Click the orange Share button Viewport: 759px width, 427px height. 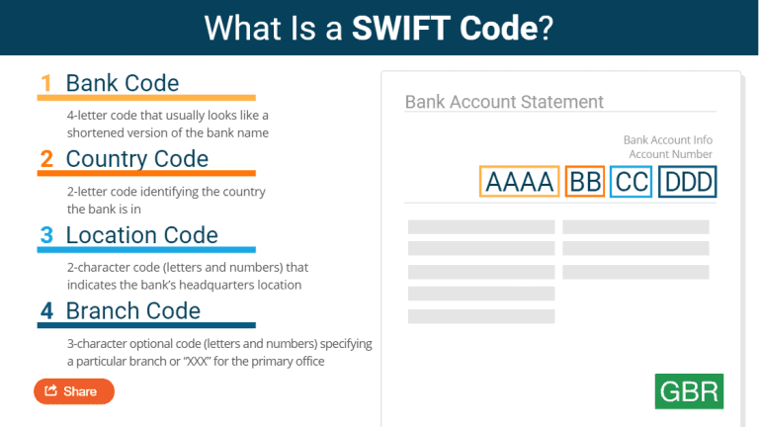click(74, 391)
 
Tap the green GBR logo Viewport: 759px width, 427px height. click(689, 390)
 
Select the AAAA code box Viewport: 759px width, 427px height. click(520, 182)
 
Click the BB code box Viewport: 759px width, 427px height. click(585, 182)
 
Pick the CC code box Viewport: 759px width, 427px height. click(631, 182)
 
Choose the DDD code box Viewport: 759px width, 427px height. click(687, 182)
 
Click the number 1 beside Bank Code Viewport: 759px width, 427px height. click(46, 83)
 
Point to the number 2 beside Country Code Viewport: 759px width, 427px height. click(46, 159)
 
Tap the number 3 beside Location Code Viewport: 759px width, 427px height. click(46, 235)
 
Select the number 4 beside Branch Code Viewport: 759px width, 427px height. click(46, 311)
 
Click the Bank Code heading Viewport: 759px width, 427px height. click(123, 83)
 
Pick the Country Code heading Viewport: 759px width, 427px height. click(137, 159)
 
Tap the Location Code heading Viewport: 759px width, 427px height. click(142, 235)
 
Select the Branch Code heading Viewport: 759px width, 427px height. click(133, 311)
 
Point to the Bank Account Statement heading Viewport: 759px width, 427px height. click(504, 102)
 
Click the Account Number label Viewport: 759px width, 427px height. click(670, 154)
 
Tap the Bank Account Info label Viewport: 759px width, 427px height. click(667, 140)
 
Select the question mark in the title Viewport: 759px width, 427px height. click(547, 28)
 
